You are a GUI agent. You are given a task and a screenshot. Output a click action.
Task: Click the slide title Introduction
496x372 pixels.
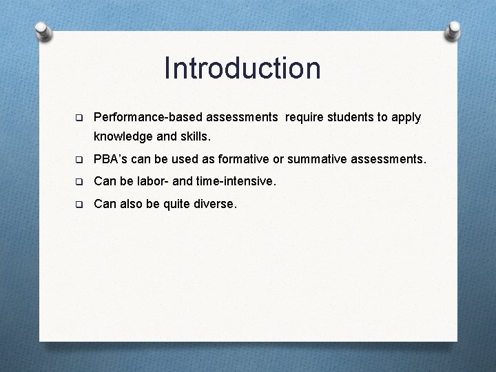242,68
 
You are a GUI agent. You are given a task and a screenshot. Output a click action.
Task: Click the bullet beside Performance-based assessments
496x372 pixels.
79,118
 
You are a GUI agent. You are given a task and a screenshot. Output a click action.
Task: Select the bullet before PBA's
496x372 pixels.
79,161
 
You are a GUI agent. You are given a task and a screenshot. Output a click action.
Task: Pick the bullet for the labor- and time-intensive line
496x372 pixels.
79,183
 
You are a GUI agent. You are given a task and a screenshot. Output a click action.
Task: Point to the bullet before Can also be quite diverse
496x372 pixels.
79,204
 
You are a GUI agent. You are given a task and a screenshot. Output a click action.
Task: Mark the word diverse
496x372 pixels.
214,204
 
